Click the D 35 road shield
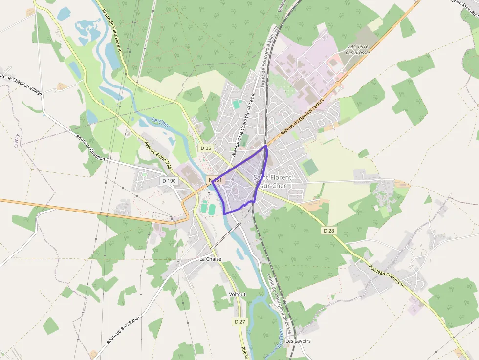[206, 148]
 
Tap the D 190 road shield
[169, 181]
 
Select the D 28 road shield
[328, 230]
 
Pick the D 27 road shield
[239, 322]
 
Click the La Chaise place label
[210, 259]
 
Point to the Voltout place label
[238, 294]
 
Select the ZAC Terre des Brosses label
[359, 49]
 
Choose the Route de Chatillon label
[91, 148]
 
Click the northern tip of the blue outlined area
[265, 146]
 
